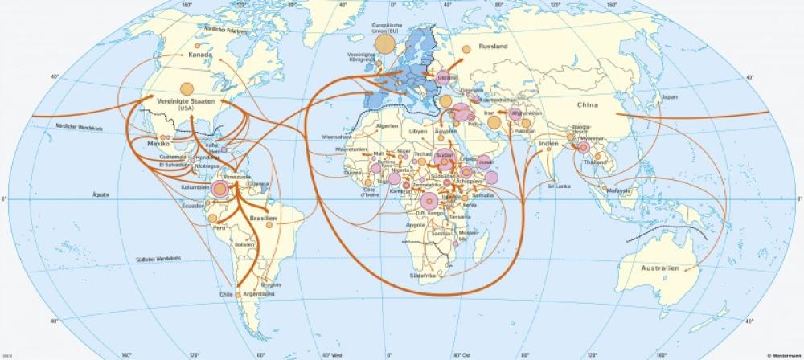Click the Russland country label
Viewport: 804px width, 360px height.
493,47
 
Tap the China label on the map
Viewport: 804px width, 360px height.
589,104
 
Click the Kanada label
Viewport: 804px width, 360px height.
200,55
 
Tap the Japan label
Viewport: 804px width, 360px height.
670,96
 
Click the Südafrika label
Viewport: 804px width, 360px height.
423,276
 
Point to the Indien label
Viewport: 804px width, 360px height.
548,144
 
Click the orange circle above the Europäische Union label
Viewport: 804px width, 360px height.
384,43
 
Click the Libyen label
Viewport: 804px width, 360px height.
418,131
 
